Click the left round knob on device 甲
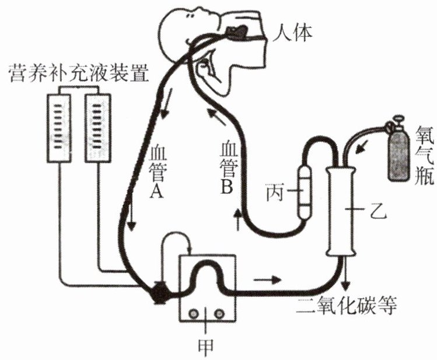[x=193, y=314]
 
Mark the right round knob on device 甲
[x=219, y=314]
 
